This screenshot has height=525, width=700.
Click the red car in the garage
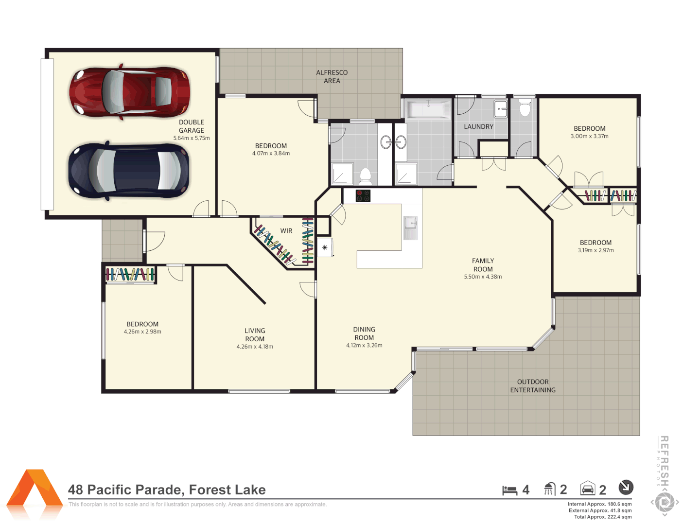[x=129, y=92]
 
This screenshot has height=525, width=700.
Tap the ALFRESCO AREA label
[x=332, y=77]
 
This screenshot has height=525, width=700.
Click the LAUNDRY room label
[x=478, y=127]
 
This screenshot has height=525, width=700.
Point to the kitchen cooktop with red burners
[x=363, y=196]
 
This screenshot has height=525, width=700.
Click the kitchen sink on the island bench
[x=410, y=228]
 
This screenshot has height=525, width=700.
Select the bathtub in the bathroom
[x=429, y=110]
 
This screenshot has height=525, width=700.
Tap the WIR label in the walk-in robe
[x=286, y=231]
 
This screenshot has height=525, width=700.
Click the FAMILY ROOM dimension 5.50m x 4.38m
[x=483, y=277]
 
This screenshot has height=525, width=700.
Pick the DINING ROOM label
[x=364, y=333]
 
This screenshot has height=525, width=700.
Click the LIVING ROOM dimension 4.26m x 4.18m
[x=255, y=347]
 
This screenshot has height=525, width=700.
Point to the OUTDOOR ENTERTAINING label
[x=533, y=386]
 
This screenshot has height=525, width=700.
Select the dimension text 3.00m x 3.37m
[x=589, y=137]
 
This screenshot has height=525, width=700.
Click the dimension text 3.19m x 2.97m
[x=595, y=251]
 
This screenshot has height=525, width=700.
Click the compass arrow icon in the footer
[x=626, y=487]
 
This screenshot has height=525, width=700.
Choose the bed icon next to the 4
[x=509, y=490]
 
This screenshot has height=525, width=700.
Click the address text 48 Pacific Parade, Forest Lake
[x=167, y=490]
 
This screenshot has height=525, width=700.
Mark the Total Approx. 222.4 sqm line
[x=603, y=517]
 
